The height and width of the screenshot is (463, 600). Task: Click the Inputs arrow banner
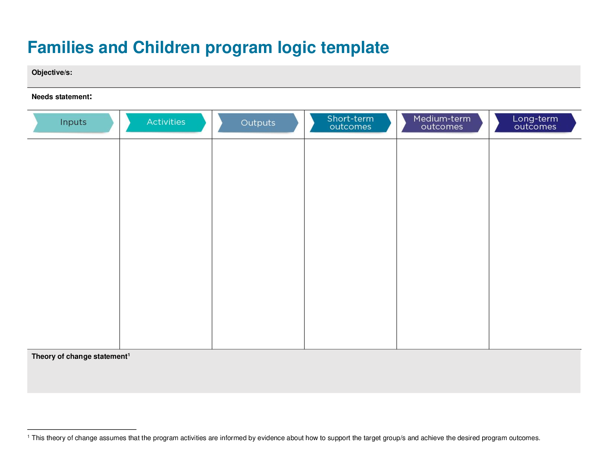pyautogui.click(x=73, y=122)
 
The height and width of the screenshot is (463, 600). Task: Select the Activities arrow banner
pyautogui.click(x=166, y=122)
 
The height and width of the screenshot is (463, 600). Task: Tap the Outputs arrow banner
pyautogui.click(x=258, y=123)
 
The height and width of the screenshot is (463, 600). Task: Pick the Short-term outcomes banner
pyautogui.click(x=350, y=123)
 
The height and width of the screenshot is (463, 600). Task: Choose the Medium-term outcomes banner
pyautogui.click(x=442, y=123)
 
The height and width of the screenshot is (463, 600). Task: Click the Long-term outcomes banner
pyautogui.click(x=535, y=123)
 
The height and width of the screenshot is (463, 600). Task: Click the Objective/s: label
pyautogui.click(x=52, y=73)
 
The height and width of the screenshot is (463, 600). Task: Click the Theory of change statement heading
pyautogui.click(x=79, y=357)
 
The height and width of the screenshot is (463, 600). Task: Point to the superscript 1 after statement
pyautogui.click(x=129, y=354)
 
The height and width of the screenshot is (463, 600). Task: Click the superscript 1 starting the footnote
pyautogui.click(x=29, y=436)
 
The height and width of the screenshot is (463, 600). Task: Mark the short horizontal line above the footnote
pyautogui.click(x=81, y=430)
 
